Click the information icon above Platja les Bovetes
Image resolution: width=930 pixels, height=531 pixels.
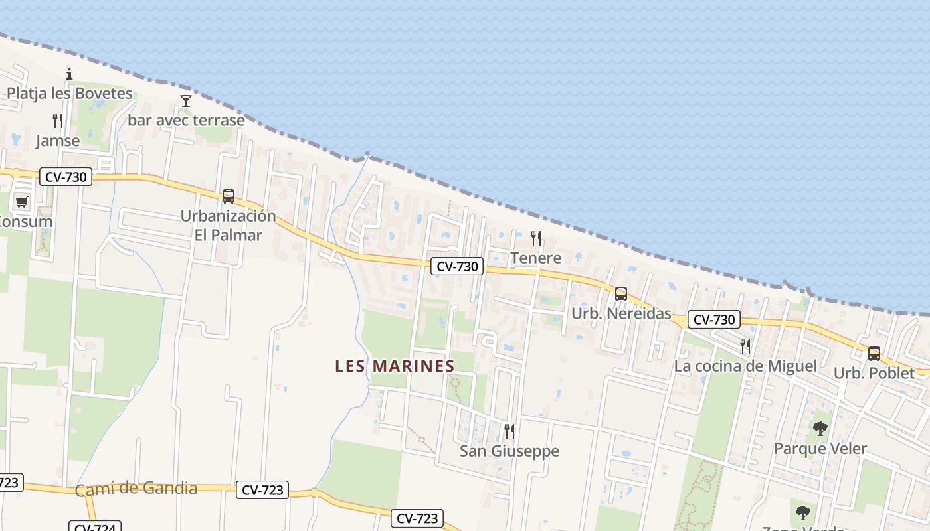[x=68, y=74]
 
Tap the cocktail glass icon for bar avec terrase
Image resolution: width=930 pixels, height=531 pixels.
[x=186, y=101]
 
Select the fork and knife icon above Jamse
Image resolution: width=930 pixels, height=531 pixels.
[x=58, y=121]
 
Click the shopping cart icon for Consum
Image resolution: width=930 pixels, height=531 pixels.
[x=22, y=202]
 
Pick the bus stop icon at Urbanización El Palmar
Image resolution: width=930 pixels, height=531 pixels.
[x=229, y=196]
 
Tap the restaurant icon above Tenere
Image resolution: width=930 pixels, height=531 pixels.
[x=536, y=238]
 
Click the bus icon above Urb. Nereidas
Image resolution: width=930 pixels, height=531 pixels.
[x=621, y=293]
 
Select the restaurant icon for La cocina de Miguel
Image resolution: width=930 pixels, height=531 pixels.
[x=745, y=346]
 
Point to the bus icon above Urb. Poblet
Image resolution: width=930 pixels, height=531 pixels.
[x=874, y=354]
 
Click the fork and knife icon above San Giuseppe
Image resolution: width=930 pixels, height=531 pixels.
[x=510, y=431]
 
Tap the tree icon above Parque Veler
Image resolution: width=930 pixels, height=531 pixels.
[x=820, y=429]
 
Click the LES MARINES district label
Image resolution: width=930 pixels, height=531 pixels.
[x=395, y=366]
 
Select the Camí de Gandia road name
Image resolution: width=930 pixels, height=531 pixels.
[x=136, y=489]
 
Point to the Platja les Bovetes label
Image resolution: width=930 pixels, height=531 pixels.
[x=70, y=94]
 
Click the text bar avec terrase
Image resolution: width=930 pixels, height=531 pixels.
[x=186, y=121]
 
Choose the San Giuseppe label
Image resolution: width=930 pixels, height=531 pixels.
[x=510, y=451]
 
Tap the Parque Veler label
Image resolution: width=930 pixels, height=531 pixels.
[x=820, y=449]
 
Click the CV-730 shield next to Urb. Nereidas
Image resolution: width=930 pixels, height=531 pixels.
[x=713, y=319]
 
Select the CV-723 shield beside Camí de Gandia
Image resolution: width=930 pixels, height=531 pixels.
[x=262, y=491]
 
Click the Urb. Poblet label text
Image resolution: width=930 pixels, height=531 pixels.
[x=874, y=374]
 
